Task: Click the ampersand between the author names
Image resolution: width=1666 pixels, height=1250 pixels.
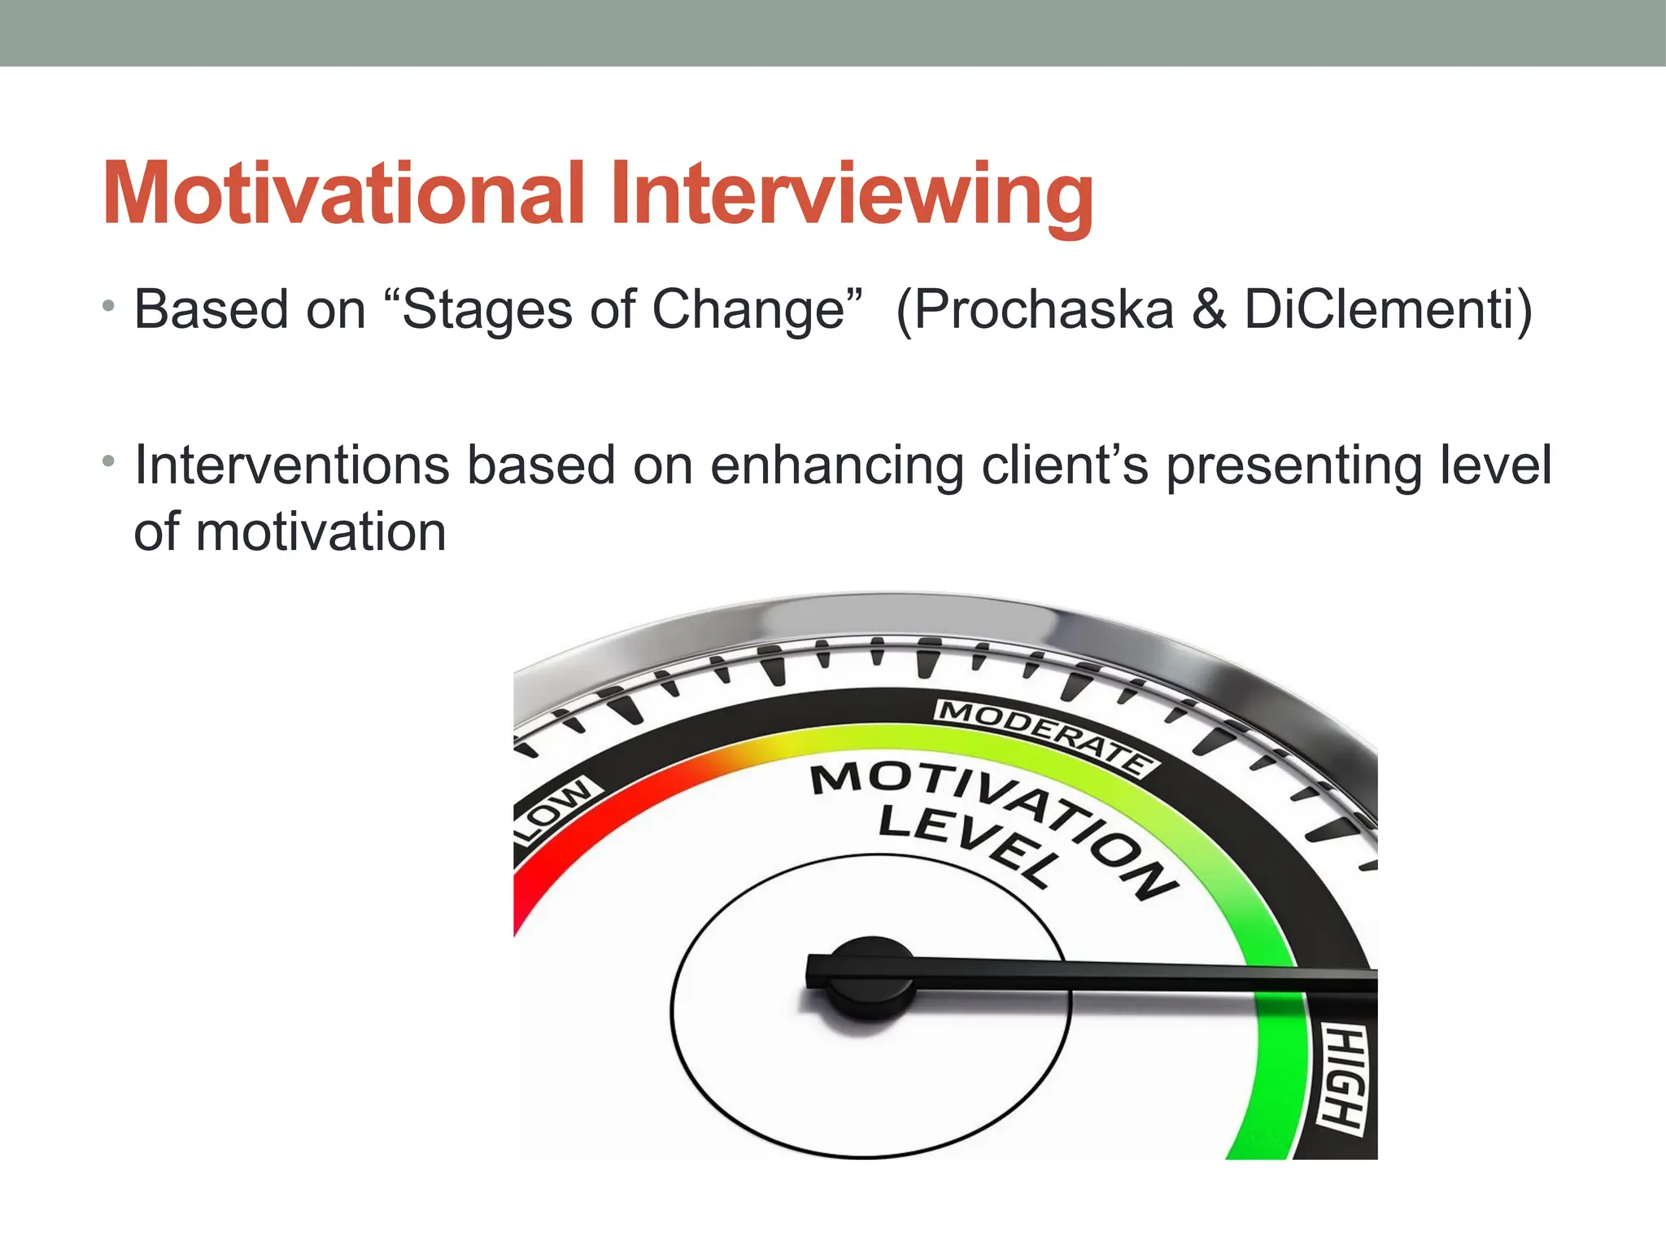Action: pos(1210,310)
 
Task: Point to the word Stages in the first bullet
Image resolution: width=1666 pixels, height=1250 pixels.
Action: pos(486,310)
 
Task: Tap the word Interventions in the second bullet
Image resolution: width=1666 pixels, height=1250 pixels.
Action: pos(293,465)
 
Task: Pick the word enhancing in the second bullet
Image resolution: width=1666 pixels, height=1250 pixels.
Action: pos(837,467)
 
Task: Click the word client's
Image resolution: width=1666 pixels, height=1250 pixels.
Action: pos(1065,465)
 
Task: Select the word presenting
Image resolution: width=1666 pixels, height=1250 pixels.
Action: pos(1294,467)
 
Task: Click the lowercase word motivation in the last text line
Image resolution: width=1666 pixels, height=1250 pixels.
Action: pos(321,532)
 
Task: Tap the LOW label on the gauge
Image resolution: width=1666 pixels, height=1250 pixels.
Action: pos(557,811)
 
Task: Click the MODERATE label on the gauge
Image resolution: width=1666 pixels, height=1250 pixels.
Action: pos(1046,737)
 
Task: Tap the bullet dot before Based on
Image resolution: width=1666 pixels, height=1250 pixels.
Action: pos(108,307)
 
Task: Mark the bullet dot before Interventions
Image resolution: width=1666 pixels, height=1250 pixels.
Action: pos(108,462)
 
